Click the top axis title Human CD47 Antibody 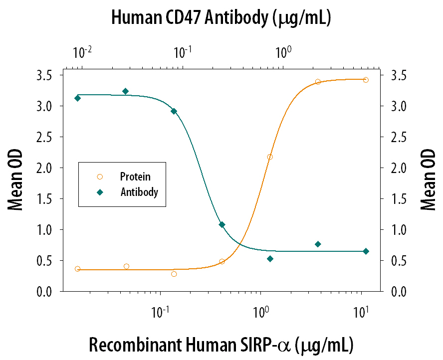tap(221, 19)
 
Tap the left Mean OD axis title tap(15, 182)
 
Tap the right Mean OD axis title tap(428, 182)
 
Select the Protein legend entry tap(135, 177)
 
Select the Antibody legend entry tap(139, 191)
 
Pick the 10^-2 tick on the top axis tap(82, 51)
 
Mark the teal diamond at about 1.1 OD tap(222, 225)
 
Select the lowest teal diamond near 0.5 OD tap(270, 259)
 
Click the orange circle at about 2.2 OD tap(270, 157)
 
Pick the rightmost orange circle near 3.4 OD tap(366, 80)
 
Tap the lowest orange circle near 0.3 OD tap(174, 274)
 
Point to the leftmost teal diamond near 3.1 tap(77, 98)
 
